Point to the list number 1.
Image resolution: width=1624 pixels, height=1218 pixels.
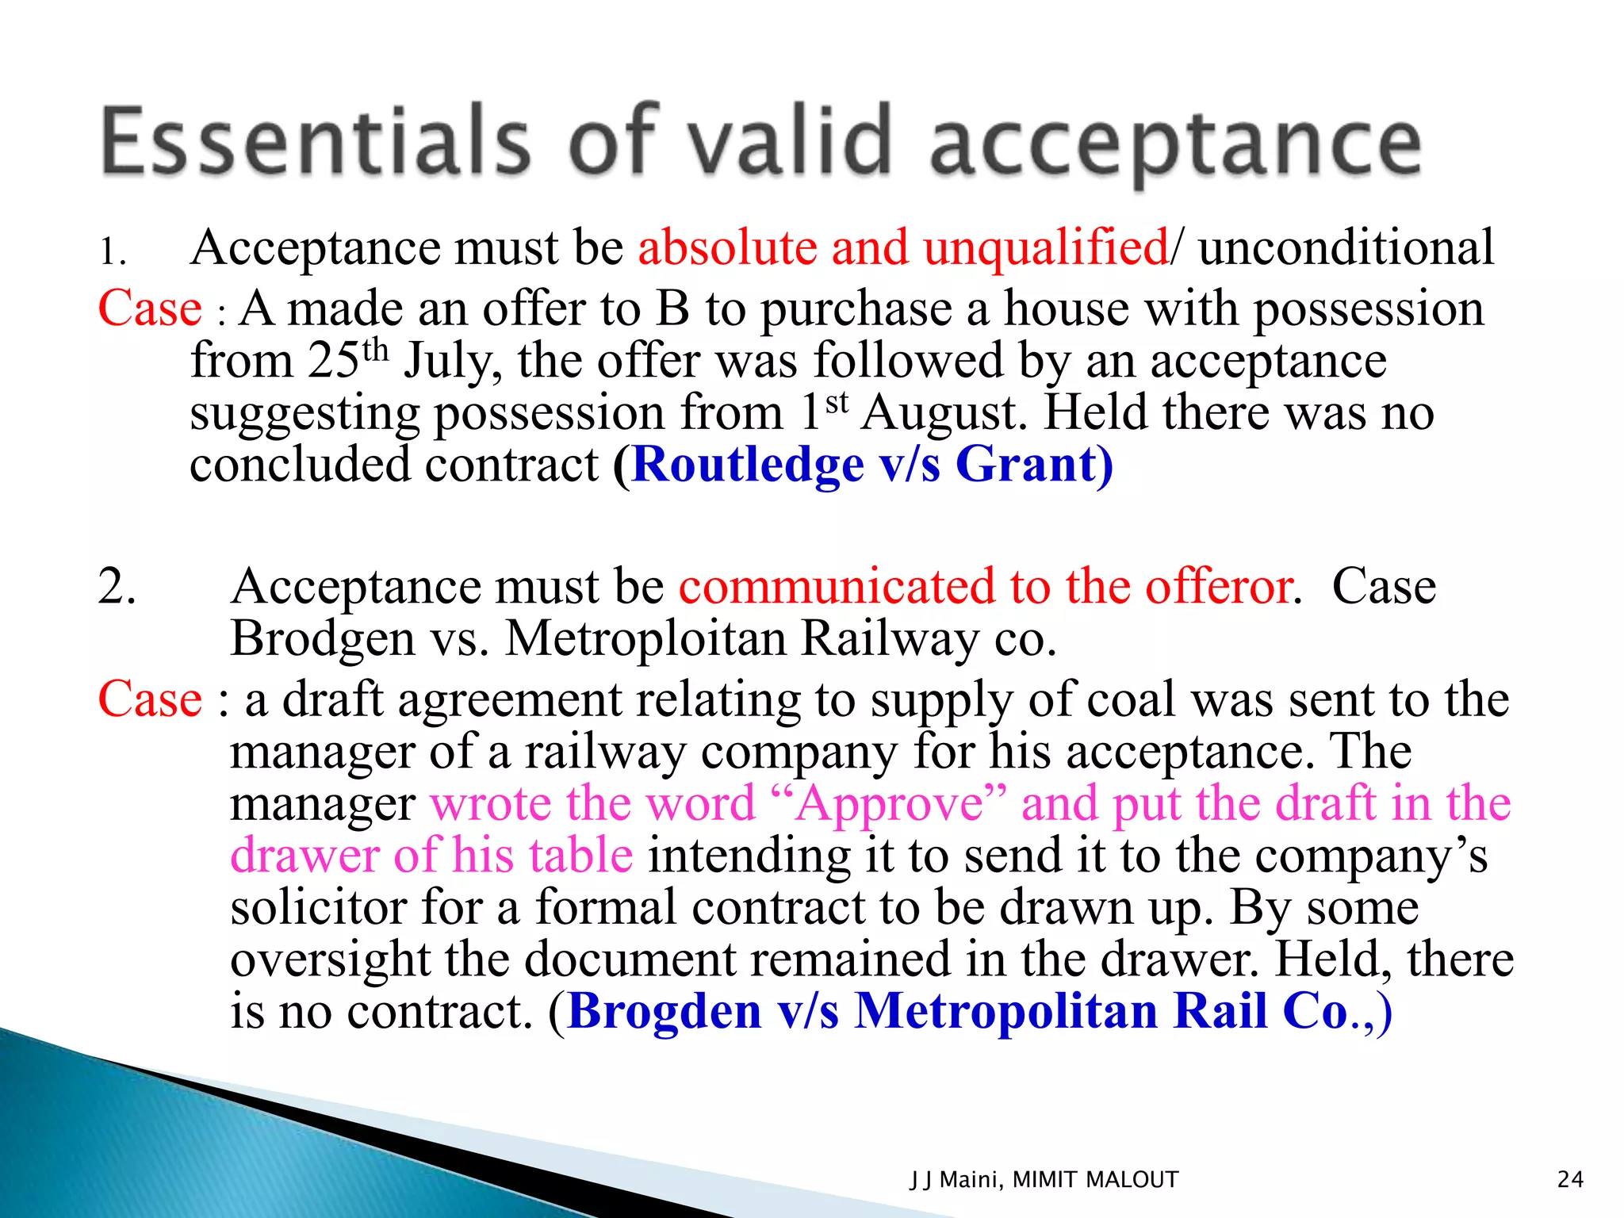click(112, 252)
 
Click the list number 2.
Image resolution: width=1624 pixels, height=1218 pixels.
click(117, 587)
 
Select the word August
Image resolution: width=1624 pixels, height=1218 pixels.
click(944, 413)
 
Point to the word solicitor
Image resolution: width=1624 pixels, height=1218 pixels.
click(318, 907)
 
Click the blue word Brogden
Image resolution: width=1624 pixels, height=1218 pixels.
click(665, 1012)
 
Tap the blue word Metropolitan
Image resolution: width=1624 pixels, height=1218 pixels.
click(1005, 1012)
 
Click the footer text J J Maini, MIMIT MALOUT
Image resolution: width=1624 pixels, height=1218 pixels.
click(1044, 1180)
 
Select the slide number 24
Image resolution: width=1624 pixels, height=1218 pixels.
click(1570, 1180)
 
